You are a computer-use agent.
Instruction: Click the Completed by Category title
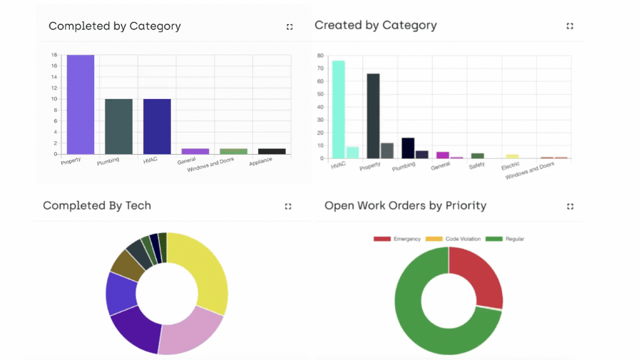(x=114, y=26)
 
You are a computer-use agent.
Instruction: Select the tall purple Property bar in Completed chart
(x=81, y=104)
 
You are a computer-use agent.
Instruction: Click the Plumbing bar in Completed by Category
(x=118, y=126)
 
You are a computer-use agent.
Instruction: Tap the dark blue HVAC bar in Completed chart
(x=157, y=126)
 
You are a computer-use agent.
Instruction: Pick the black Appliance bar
(x=272, y=151)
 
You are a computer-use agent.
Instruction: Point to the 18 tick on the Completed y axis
(x=54, y=56)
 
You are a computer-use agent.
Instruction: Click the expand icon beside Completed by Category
(x=290, y=26)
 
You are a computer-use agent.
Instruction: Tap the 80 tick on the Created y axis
(x=321, y=56)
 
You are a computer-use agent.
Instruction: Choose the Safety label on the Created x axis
(x=476, y=165)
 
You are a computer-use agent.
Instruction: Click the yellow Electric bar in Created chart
(x=512, y=155)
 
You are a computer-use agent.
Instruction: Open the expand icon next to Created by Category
(x=570, y=26)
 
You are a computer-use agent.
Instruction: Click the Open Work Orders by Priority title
(x=405, y=206)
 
